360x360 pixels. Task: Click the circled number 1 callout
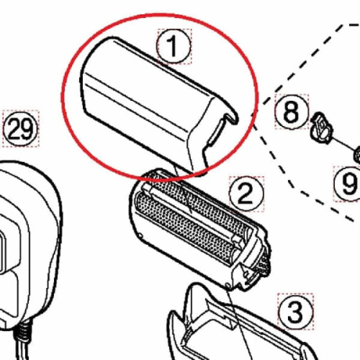click(x=174, y=47)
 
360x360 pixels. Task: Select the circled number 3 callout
click(x=294, y=312)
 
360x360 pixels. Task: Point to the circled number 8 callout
click(x=290, y=112)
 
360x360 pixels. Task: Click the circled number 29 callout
click(x=20, y=130)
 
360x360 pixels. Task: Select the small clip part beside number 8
click(x=319, y=125)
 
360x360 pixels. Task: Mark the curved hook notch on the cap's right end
click(x=225, y=123)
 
